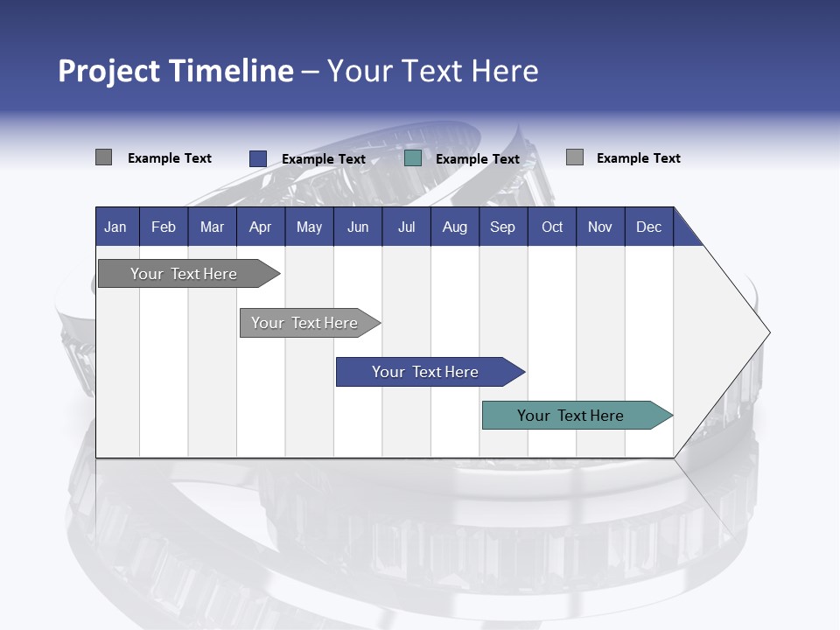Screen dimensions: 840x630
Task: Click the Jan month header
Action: [115, 227]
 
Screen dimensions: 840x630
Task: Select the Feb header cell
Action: [164, 227]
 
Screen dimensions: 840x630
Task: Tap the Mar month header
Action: [212, 227]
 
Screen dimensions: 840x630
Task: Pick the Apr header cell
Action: [260, 227]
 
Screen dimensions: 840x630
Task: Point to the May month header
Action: [309, 227]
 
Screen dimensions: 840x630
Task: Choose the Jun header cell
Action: [358, 227]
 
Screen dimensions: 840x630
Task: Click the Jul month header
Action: [406, 227]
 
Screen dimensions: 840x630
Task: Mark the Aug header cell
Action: [455, 227]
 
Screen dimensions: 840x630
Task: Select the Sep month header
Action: [503, 227]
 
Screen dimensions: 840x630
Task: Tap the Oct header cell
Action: [552, 227]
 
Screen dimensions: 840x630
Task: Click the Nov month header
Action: [600, 227]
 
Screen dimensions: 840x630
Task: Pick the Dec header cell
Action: [649, 227]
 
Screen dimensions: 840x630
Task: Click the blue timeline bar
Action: [425, 372]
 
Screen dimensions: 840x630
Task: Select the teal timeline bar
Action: [570, 416]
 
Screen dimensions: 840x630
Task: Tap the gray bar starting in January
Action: [184, 274]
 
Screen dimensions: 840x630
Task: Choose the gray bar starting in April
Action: [304, 323]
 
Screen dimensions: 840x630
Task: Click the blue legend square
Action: [258, 158]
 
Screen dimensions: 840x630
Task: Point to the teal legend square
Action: [413, 158]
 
